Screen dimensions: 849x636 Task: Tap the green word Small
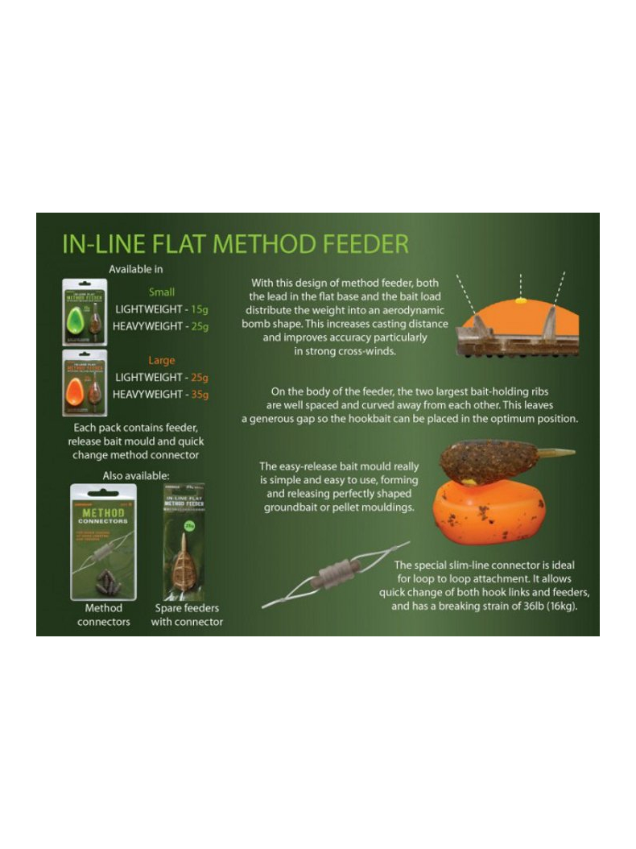click(161, 292)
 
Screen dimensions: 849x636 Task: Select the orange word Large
click(161, 360)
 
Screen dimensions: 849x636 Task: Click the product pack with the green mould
click(85, 313)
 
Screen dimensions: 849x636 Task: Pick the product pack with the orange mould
click(85, 382)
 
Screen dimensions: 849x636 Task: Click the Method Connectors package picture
click(103, 541)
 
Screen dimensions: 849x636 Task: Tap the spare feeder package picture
click(183, 541)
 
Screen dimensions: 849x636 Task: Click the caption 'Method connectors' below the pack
click(103, 615)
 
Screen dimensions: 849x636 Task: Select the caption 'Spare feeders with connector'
click(187, 615)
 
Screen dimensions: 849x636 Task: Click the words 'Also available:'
click(135, 476)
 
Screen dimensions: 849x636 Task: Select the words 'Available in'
click(135, 269)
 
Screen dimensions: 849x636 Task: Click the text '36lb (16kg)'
click(547, 606)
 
